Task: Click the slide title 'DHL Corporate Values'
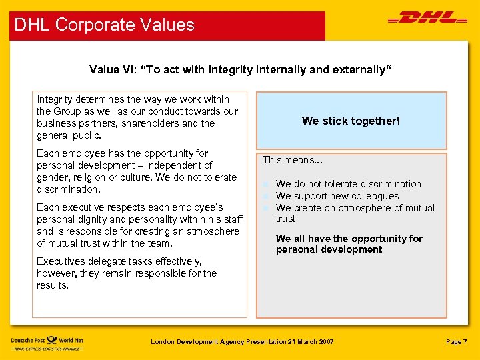(x=104, y=25)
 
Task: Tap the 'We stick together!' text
(x=351, y=121)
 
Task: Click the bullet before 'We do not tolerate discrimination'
(x=265, y=184)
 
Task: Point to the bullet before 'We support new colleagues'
(x=265, y=196)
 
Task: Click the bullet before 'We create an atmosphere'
(x=265, y=208)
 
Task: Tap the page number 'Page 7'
(x=457, y=342)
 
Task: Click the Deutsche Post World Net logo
(x=47, y=341)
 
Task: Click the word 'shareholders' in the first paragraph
(x=153, y=123)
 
